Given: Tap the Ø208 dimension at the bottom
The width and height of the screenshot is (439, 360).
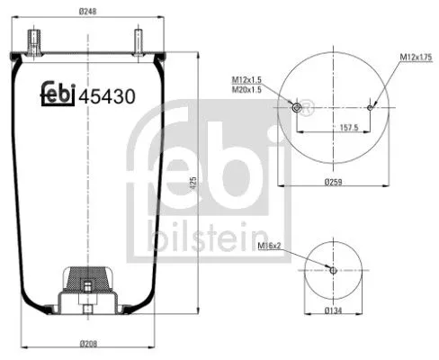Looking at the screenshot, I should pos(87,344).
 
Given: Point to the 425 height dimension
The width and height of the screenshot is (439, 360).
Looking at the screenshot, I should pos(193,184).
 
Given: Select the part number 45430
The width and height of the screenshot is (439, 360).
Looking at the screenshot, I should pos(107,95).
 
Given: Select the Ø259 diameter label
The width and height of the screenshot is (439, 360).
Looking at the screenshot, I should pos(332,182).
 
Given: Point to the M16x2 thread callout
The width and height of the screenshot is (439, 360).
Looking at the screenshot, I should pos(269,246).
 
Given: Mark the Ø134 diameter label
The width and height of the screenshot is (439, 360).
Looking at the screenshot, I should pos(333,311).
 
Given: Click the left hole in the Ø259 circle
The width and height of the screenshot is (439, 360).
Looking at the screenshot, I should pos(297,108).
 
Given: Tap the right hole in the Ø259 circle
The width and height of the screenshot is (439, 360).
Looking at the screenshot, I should pos(369,107).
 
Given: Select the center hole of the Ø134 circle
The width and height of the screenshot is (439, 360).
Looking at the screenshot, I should pos(333,270).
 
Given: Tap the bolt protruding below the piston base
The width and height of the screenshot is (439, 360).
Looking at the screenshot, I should pos(87,311).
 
